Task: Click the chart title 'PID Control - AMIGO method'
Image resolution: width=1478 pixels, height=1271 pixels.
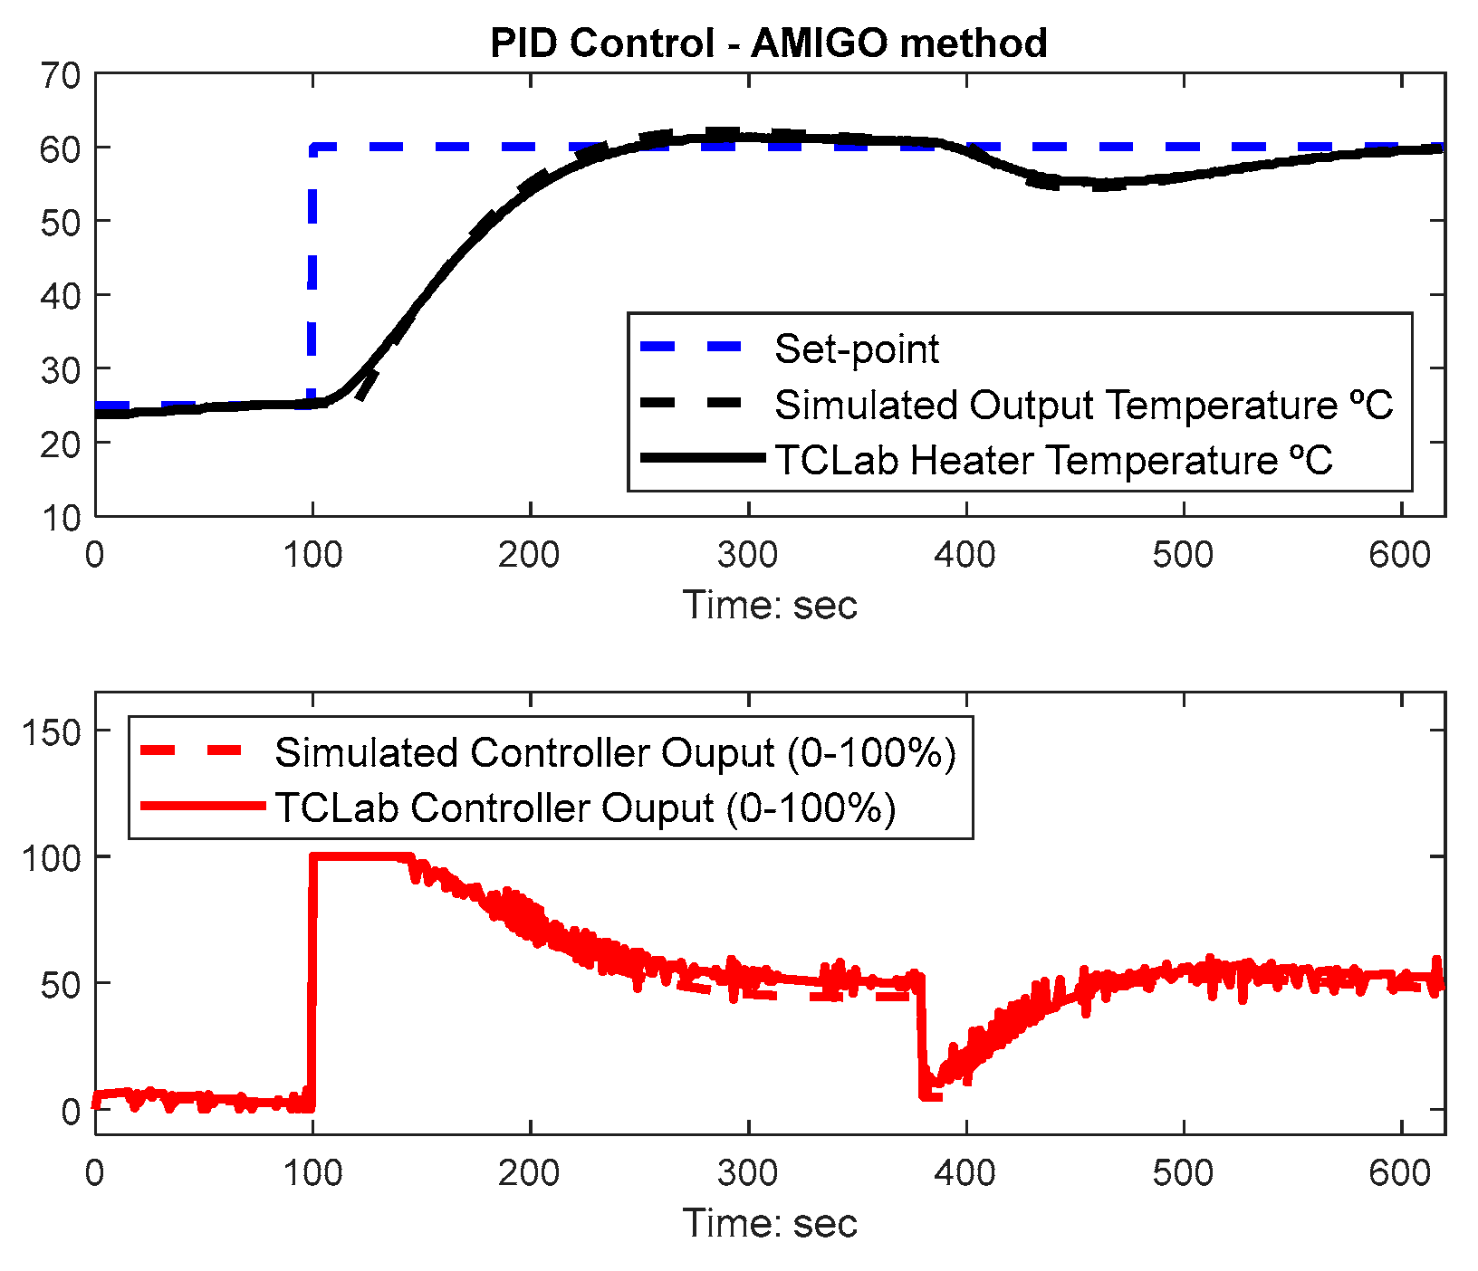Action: pos(768,43)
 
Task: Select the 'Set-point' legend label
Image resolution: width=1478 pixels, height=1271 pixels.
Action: pos(856,349)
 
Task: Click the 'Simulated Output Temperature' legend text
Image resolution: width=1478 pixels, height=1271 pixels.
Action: pos(1083,405)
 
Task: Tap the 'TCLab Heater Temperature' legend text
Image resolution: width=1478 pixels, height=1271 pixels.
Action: pos(1053,460)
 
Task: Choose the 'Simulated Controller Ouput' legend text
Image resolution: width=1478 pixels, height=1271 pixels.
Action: pos(615,753)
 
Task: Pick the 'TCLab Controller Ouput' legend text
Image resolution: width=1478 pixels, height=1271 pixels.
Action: pos(585,808)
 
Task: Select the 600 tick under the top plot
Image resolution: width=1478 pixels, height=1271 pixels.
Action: pos(1400,555)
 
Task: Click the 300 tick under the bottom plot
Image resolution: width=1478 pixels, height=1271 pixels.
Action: pos(747,1174)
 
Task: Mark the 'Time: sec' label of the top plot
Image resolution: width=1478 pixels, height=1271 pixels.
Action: pos(769,605)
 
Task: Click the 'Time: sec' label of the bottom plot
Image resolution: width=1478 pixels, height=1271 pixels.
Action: pos(769,1224)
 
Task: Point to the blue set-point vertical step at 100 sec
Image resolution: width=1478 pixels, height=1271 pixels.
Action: pos(312,272)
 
